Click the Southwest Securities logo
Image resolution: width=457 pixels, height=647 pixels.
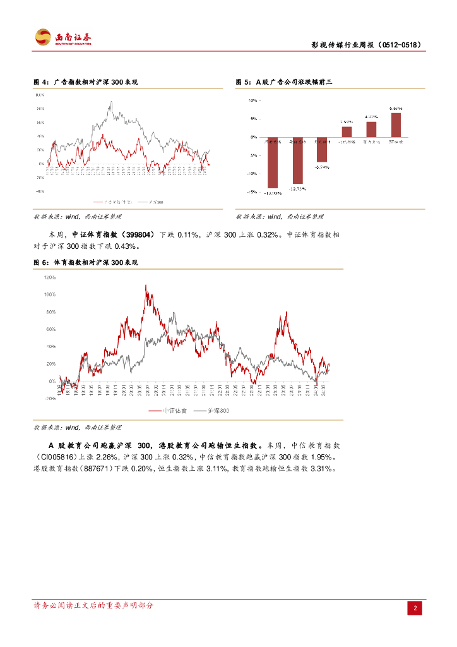[x=62, y=38]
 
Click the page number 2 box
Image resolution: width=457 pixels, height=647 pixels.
[x=415, y=608]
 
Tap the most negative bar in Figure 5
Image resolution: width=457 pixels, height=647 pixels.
[x=273, y=162]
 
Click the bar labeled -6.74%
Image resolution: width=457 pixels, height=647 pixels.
[x=322, y=149]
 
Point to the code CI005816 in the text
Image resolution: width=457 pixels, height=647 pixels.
[x=57, y=457]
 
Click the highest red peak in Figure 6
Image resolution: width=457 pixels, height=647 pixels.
[x=146, y=286]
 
